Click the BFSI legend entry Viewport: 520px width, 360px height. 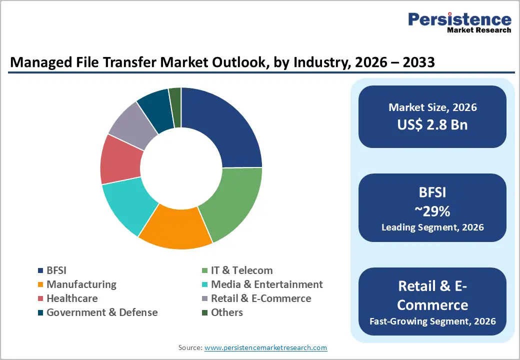[x=56, y=270]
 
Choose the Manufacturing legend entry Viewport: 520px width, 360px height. [x=81, y=284]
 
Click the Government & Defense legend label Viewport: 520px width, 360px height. [x=102, y=312]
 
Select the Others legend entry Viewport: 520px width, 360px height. [x=226, y=312]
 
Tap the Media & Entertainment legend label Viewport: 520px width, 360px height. [x=266, y=284]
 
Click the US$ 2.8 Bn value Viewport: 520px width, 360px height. [x=432, y=124]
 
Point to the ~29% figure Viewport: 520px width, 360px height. [x=432, y=211]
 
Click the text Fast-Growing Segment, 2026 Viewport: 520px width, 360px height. [x=432, y=320]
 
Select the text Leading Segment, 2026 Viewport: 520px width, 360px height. [x=432, y=227]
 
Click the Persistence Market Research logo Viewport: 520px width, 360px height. [x=459, y=23]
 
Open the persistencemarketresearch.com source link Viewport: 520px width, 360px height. [x=265, y=347]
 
